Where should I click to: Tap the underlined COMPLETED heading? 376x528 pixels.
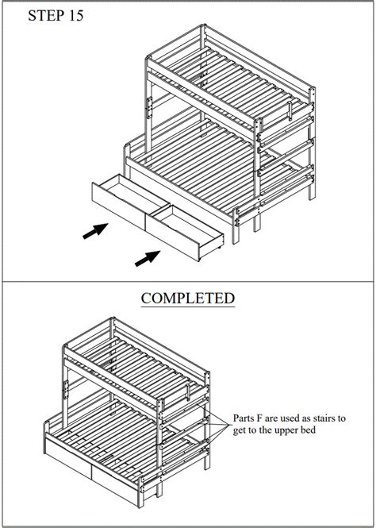176,299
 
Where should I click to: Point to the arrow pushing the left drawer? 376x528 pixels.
95,231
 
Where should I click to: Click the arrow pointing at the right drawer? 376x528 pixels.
147,257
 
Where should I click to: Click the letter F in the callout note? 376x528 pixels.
270,417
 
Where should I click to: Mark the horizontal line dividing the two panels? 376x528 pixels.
188,281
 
